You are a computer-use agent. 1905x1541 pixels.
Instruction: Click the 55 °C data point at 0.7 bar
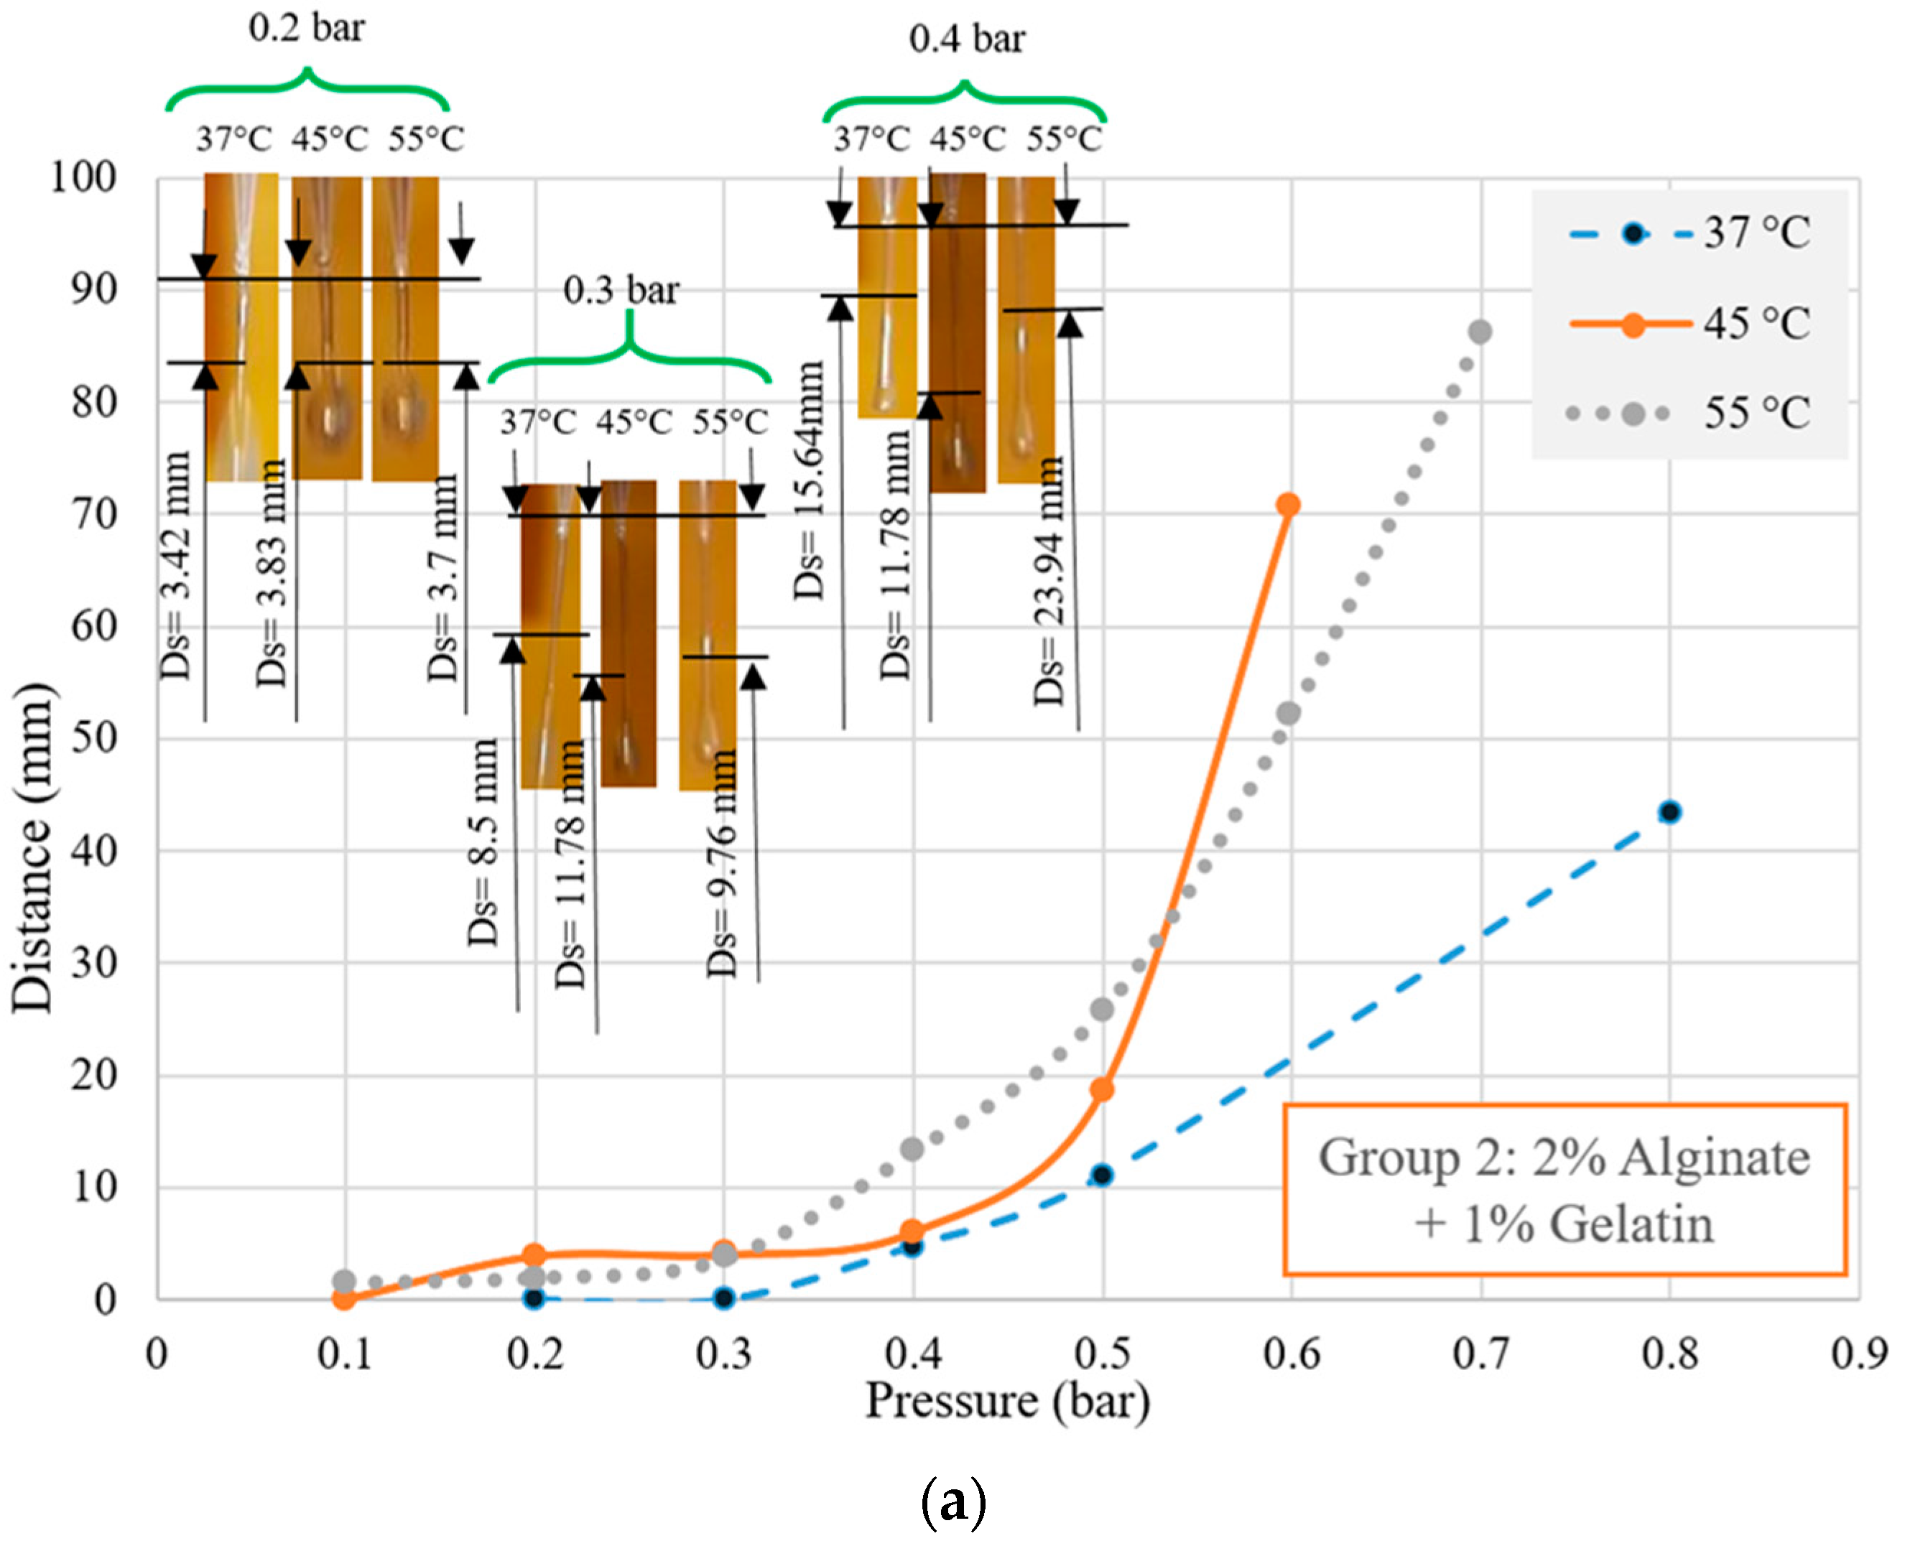pos(1480,332)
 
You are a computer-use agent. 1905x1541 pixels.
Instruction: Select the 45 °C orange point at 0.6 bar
pos(1288,505)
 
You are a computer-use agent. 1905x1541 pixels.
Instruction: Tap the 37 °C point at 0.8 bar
pos(1669,811)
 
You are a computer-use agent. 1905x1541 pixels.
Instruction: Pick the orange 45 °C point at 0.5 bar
pos(1102,1089)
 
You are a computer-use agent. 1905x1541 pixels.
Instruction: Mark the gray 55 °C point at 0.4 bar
pos(912,1150)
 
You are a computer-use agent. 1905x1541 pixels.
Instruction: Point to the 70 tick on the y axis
pos(94,514)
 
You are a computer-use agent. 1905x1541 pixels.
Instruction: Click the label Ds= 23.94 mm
pos(1049,582)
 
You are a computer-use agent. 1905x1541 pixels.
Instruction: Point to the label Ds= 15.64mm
pos(809,480)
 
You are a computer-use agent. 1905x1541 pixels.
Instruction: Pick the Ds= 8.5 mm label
pos(483,842)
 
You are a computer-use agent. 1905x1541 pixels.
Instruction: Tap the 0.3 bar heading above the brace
pos(621,290)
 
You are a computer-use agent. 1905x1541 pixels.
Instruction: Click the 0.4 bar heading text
pos(967,39)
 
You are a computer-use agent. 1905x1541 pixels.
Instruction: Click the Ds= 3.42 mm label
pos(176,565)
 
